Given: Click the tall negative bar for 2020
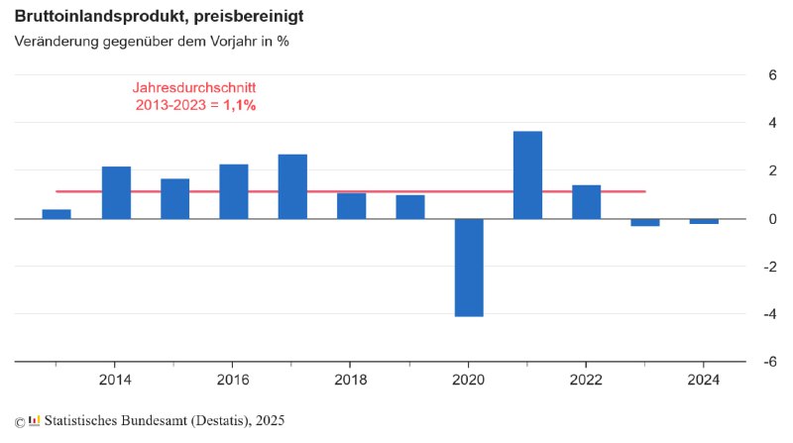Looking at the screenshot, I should tap(469, 267).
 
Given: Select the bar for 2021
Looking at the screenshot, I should tap(527, 174).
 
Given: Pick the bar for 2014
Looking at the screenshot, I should tap(116, 192).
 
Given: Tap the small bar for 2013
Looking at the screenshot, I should tap(57, 214).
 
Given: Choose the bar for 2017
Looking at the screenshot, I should tap(292, 186).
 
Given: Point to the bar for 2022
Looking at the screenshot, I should tap(587, 201).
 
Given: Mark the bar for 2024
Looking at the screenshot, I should tap(704, 221).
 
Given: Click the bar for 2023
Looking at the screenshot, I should tap(645, 222).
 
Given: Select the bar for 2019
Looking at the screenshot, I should tap(410, 206).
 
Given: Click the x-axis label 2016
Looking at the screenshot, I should tap(233, 381).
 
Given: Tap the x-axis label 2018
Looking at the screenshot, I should tap(351, 381).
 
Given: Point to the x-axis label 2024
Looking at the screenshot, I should tap(704, 381).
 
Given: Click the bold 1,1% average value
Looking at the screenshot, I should tap(240, 104).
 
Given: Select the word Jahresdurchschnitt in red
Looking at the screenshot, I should tap(194, 87).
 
